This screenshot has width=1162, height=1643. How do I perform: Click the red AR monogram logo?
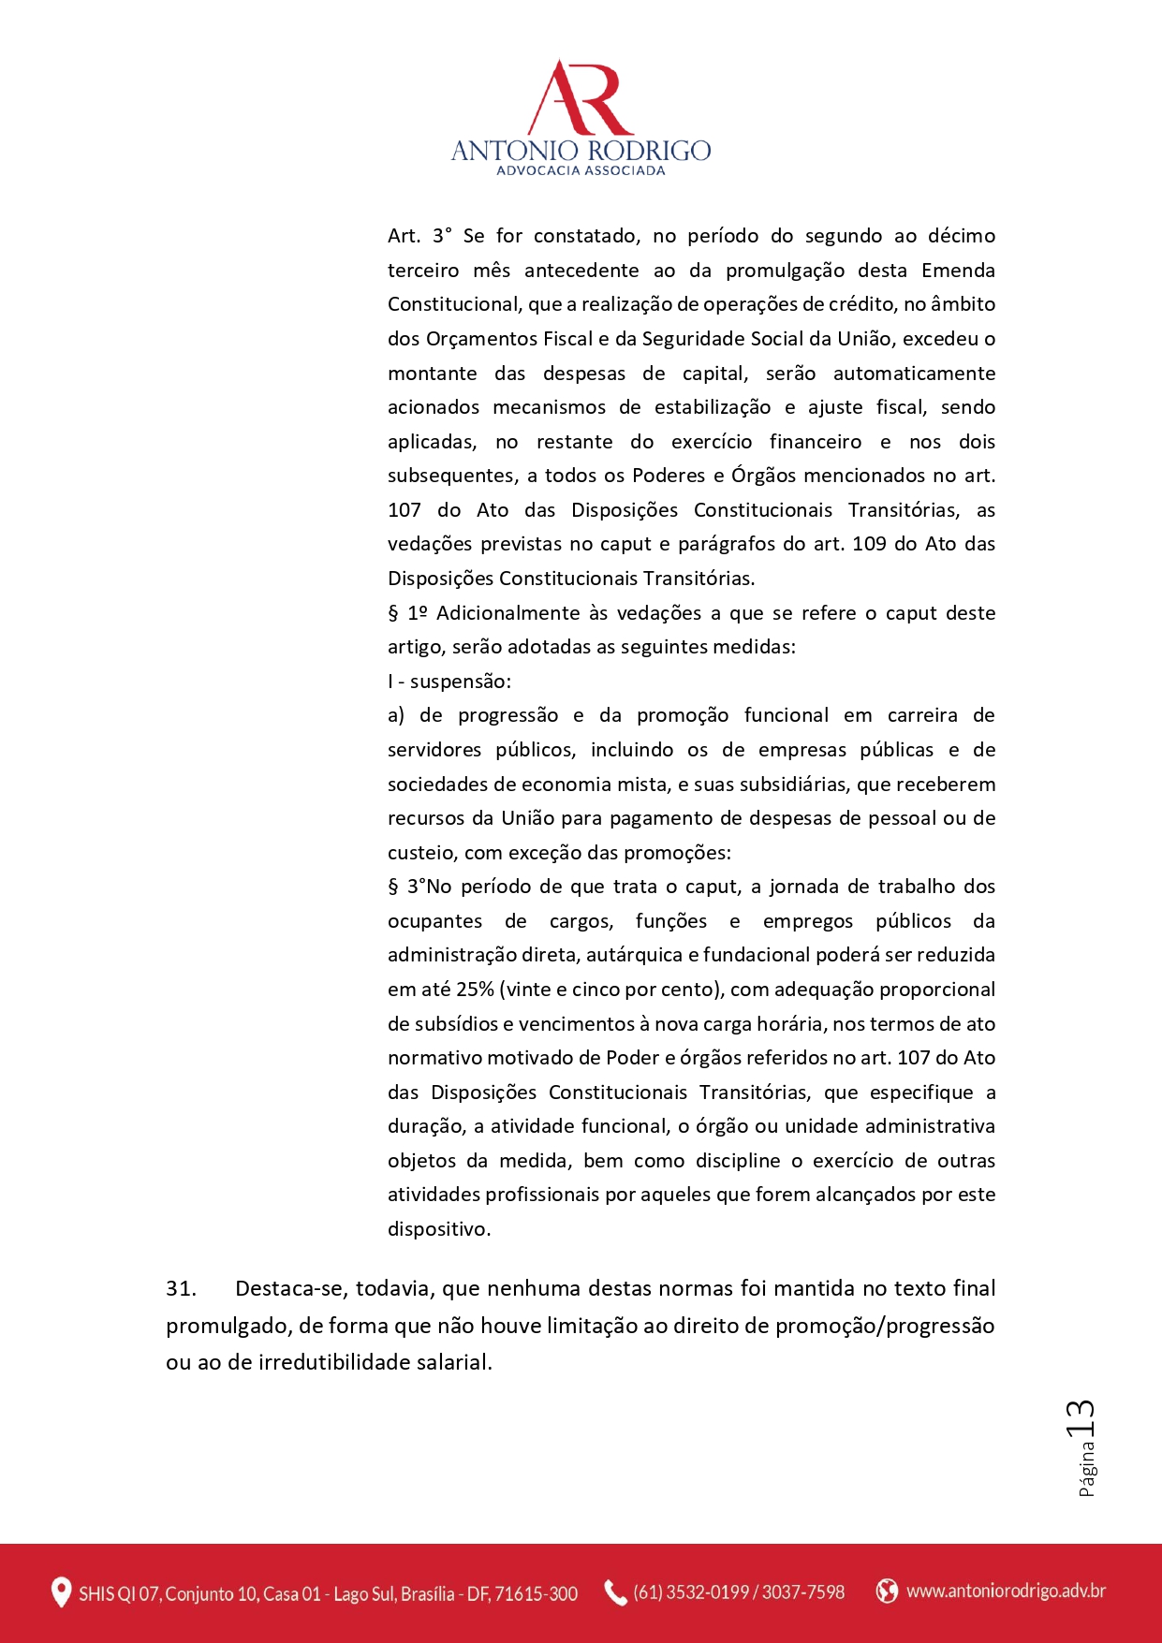(x=581, y=98)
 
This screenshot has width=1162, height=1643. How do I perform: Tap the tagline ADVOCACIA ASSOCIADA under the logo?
(x=581, y=171)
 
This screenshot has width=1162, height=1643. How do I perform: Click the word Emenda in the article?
(x=958, y=271)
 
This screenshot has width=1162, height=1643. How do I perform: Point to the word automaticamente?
(x=914, y=374)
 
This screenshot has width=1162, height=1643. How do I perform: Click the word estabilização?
(x=712, y=407)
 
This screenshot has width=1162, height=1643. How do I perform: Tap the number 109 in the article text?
(x=869, y=544)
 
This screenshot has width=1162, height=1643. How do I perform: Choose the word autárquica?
(x=638, y=955)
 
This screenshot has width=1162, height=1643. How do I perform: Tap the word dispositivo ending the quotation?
(x=438, y=1229)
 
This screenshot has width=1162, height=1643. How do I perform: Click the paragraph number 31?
(x=181, y=1289)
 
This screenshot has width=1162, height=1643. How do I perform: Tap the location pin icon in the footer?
(x=61, y=1592)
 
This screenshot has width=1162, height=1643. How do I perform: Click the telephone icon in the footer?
(x=615, y=1592)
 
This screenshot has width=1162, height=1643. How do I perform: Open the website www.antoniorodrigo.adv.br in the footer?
(x=1006, y=1591)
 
